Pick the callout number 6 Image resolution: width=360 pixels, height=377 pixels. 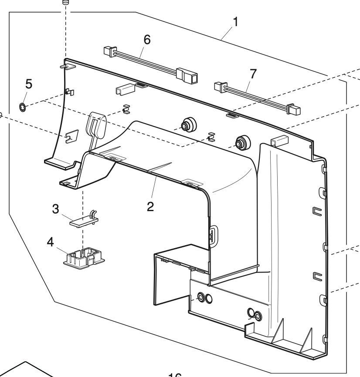[147, 40]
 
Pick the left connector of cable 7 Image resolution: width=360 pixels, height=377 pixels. [219, 87]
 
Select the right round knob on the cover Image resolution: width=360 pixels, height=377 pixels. [240, 142]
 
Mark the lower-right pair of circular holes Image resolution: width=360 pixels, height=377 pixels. [254, 314]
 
